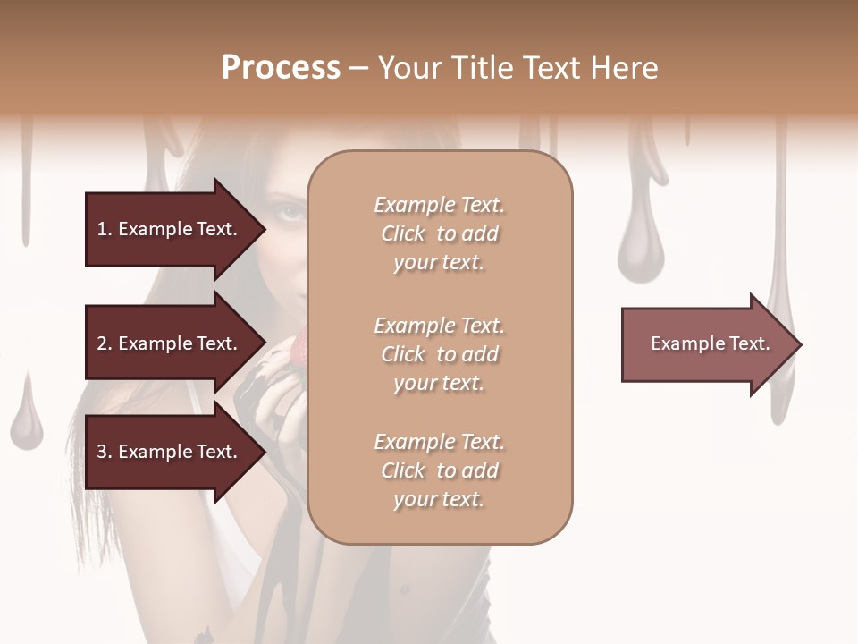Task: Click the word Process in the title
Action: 281,68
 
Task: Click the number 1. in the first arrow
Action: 105,229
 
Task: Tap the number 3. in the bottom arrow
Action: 105,452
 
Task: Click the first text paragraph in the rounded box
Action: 439,233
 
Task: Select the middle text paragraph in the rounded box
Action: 439,354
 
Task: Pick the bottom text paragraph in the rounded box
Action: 439,470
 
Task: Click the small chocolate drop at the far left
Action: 26,417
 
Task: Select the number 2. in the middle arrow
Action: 105,343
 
